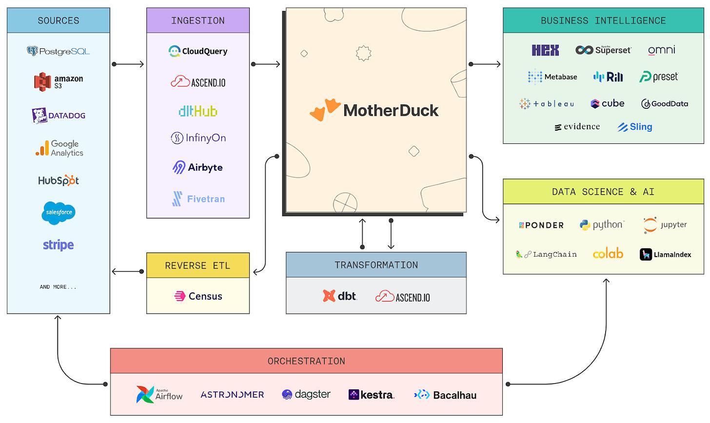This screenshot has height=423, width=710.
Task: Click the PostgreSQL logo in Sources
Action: [59, 51]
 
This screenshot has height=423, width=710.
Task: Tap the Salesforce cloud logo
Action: [59, 213]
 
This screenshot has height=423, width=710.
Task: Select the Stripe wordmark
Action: [59, 245]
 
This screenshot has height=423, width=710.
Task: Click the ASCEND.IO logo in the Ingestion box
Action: [198, 82]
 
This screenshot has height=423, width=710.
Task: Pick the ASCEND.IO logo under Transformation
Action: [403, 297]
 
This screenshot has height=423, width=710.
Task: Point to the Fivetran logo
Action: [198, 199]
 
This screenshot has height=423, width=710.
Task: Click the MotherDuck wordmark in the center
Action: [391, 111]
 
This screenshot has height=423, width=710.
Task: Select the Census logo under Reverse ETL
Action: [198, 296]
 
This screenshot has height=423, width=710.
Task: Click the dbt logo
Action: [339, 296]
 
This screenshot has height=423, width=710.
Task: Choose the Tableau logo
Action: [547, 104]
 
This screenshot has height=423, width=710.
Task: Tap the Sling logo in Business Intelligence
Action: [634, 127]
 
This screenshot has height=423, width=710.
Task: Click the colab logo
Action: [608, 253]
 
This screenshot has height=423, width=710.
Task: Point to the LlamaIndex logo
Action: [665, 254]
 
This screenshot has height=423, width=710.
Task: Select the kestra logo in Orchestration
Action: [372, 395]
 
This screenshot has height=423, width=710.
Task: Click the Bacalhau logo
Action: [445, 395]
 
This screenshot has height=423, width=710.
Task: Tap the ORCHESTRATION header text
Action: [306, 361]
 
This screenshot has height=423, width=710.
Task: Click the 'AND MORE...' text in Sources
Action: [58, 287]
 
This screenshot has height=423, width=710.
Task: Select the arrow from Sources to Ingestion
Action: [128, 64]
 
